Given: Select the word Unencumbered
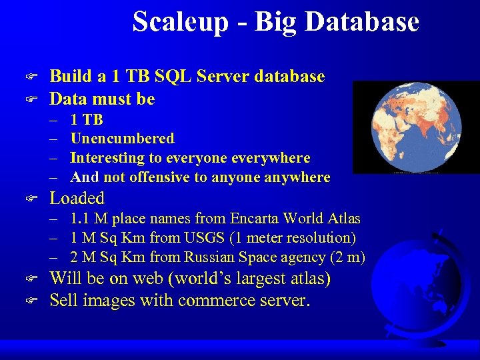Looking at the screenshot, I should [x=122, y=139].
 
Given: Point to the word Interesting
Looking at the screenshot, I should [x=108, y=158].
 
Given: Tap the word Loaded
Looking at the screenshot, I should [x=77, y=198].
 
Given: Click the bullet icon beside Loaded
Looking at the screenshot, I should [x=29, y=199].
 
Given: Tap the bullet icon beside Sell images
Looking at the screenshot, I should [x=29, y=301].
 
